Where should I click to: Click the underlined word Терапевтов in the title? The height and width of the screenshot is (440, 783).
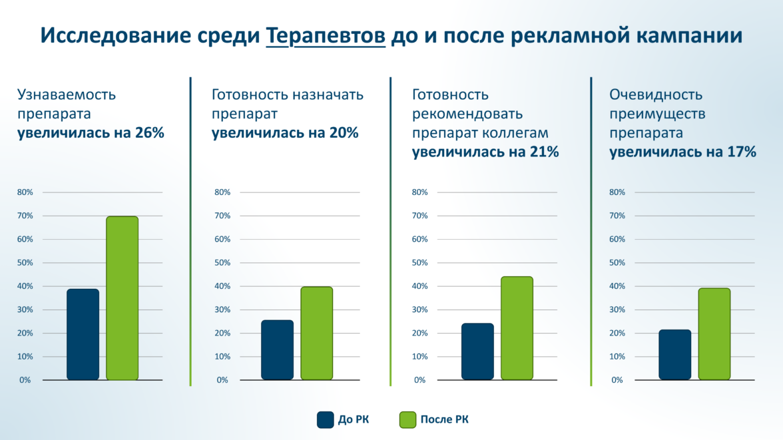point(326,36)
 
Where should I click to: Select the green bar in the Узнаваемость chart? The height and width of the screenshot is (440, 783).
point(122,298)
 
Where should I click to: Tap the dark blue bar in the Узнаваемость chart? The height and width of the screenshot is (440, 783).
point(83,334)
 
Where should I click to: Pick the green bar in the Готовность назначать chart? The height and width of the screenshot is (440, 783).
point(316,333)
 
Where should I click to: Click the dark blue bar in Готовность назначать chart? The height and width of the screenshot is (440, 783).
point(277,349)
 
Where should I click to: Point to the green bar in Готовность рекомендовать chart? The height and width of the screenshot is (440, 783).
point(517,328)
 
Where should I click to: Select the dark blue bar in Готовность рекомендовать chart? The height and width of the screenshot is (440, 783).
point(477,351)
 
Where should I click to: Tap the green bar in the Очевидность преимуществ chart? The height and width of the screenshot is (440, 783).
point(714,333)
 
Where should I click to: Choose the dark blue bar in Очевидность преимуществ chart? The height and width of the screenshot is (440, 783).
point(675,354)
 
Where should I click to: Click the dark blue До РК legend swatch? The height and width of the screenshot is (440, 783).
point(325,419)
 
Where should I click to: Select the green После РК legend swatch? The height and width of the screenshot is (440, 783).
point(407,419)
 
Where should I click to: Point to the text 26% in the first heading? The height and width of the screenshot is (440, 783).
point(149,132)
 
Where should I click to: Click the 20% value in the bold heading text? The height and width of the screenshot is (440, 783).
point(344,132)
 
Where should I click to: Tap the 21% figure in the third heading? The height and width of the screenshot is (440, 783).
point(544,152)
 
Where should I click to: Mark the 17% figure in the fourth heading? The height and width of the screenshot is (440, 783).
point(742,152)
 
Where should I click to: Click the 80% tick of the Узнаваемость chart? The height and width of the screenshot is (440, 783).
point(25,192)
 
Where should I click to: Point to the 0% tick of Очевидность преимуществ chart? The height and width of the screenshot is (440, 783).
point(617,380)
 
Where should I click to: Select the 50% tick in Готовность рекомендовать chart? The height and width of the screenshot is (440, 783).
point(420,262)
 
